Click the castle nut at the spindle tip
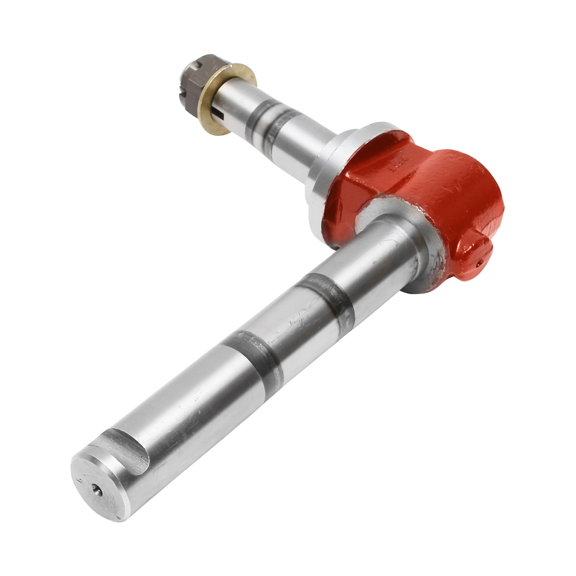(194, 82)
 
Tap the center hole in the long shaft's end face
(97, 489)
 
